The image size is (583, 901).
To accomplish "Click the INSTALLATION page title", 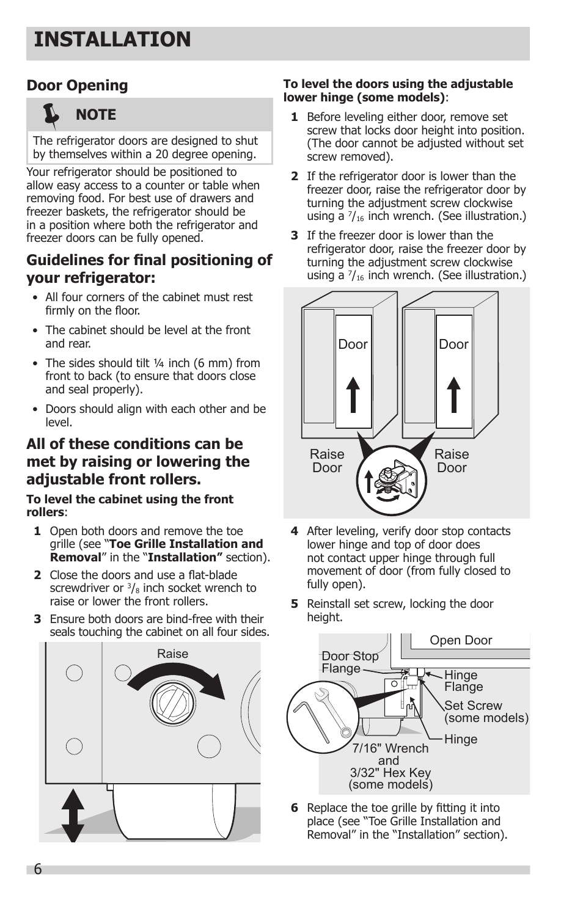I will point(113,40).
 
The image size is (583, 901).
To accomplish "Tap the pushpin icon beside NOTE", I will point(51,115).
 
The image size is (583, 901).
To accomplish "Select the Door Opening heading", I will point(77,86).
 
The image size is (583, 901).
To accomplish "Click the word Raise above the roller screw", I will point(172,654).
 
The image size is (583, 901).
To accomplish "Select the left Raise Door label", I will point(327,461).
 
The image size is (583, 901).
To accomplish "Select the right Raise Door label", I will point(452,461).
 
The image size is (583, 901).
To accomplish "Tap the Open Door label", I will point(461,640).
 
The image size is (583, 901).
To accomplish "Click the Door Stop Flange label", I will point(350,662).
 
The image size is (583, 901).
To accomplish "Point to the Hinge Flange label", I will point(462,680).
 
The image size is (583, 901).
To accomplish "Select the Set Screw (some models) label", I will point(486,712).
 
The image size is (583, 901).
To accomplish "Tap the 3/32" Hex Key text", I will point(391,773).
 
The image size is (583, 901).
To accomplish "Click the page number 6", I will point(38,870).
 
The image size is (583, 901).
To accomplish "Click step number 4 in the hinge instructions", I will point(295,531).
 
